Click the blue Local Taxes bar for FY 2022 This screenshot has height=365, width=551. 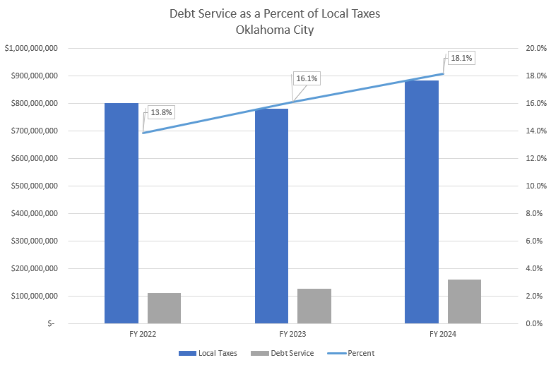[x=122, y=213]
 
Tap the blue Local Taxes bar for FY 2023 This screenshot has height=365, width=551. [x=271, y=216]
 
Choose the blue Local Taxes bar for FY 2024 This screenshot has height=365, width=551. [x=422, y=202]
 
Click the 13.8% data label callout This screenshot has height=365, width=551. [x=160, y=112]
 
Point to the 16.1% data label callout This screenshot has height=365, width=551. [x=306, y=79]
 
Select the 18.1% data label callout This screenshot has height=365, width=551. [x=460, y=58]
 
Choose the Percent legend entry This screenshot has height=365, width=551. [x=360, y=353]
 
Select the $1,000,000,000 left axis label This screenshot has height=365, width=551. [x=31, y=48]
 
